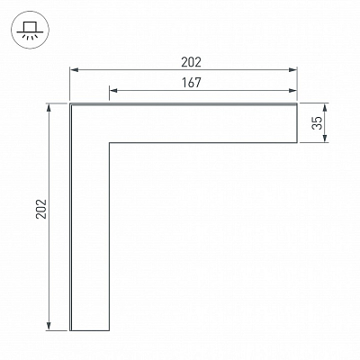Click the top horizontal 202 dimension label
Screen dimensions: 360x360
click(x=191, y=62)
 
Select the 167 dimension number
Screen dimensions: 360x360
click(x=191, y=83)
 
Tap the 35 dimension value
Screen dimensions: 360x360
click(x=317, y=122)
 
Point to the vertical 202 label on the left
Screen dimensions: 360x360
click(x=41, y=209)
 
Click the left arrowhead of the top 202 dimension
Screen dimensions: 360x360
click(x=74, y=70)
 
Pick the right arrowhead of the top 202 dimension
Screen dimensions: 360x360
click(x=292, y=70)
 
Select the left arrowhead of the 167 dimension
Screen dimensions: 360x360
click(x=113, y=90)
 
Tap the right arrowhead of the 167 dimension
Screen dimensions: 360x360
click(x=292, y=90)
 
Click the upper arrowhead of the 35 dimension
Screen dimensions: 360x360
click(x=325, y=107)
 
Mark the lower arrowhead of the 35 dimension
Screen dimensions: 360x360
click(x=325, y=139)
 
